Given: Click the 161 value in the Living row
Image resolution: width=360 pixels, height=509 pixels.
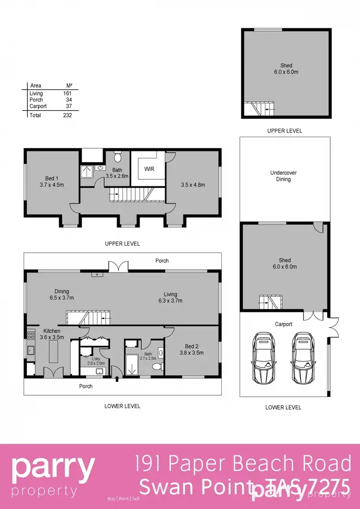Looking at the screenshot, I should point(67,94).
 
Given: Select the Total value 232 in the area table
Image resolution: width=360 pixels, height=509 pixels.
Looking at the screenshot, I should point(67,115).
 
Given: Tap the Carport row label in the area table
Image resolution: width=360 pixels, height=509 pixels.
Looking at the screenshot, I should point(38,106).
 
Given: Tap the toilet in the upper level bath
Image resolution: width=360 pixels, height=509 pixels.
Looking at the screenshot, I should point(118,157).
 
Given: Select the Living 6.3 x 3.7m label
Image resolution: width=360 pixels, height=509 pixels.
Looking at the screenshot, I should point(170,297).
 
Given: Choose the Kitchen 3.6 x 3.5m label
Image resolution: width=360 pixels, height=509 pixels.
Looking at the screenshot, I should point(51,334).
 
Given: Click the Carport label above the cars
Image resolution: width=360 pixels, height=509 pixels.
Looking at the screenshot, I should point(283,324).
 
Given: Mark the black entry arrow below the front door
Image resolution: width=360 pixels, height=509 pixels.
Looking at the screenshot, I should point(118,380).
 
